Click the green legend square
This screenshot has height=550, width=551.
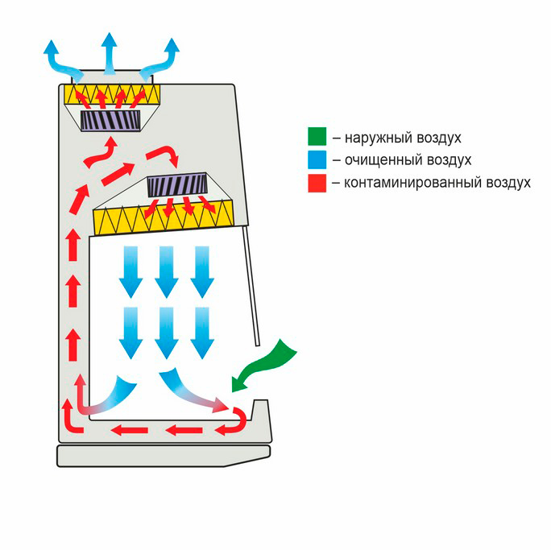point(317,136)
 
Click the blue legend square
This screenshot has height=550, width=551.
point(317,159)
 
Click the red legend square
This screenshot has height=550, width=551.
point(317,183)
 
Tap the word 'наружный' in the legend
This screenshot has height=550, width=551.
point(374,137)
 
